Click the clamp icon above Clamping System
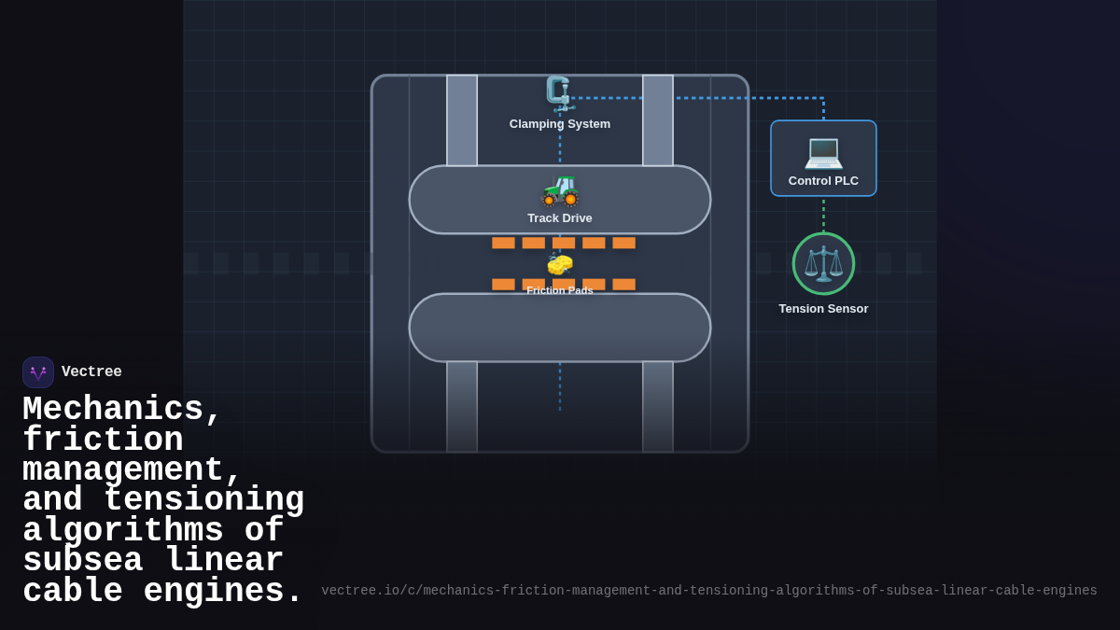point(559,93)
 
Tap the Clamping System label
point(560,124)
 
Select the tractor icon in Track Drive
point(560,189)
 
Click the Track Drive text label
point(560,218)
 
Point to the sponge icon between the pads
point(560,264)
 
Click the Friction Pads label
point(560,291)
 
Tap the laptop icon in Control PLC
point(823,151)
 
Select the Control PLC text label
point(823,181)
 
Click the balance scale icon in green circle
point(823,264)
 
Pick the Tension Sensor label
point(823,309)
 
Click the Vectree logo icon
point(38,372)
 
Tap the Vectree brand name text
point(91,372)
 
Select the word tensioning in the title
point(203,500)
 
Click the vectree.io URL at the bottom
point(709,591)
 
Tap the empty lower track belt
point(560,328)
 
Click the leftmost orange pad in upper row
point(503,243)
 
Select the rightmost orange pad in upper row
point(623,243)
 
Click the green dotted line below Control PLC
point(823,215)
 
